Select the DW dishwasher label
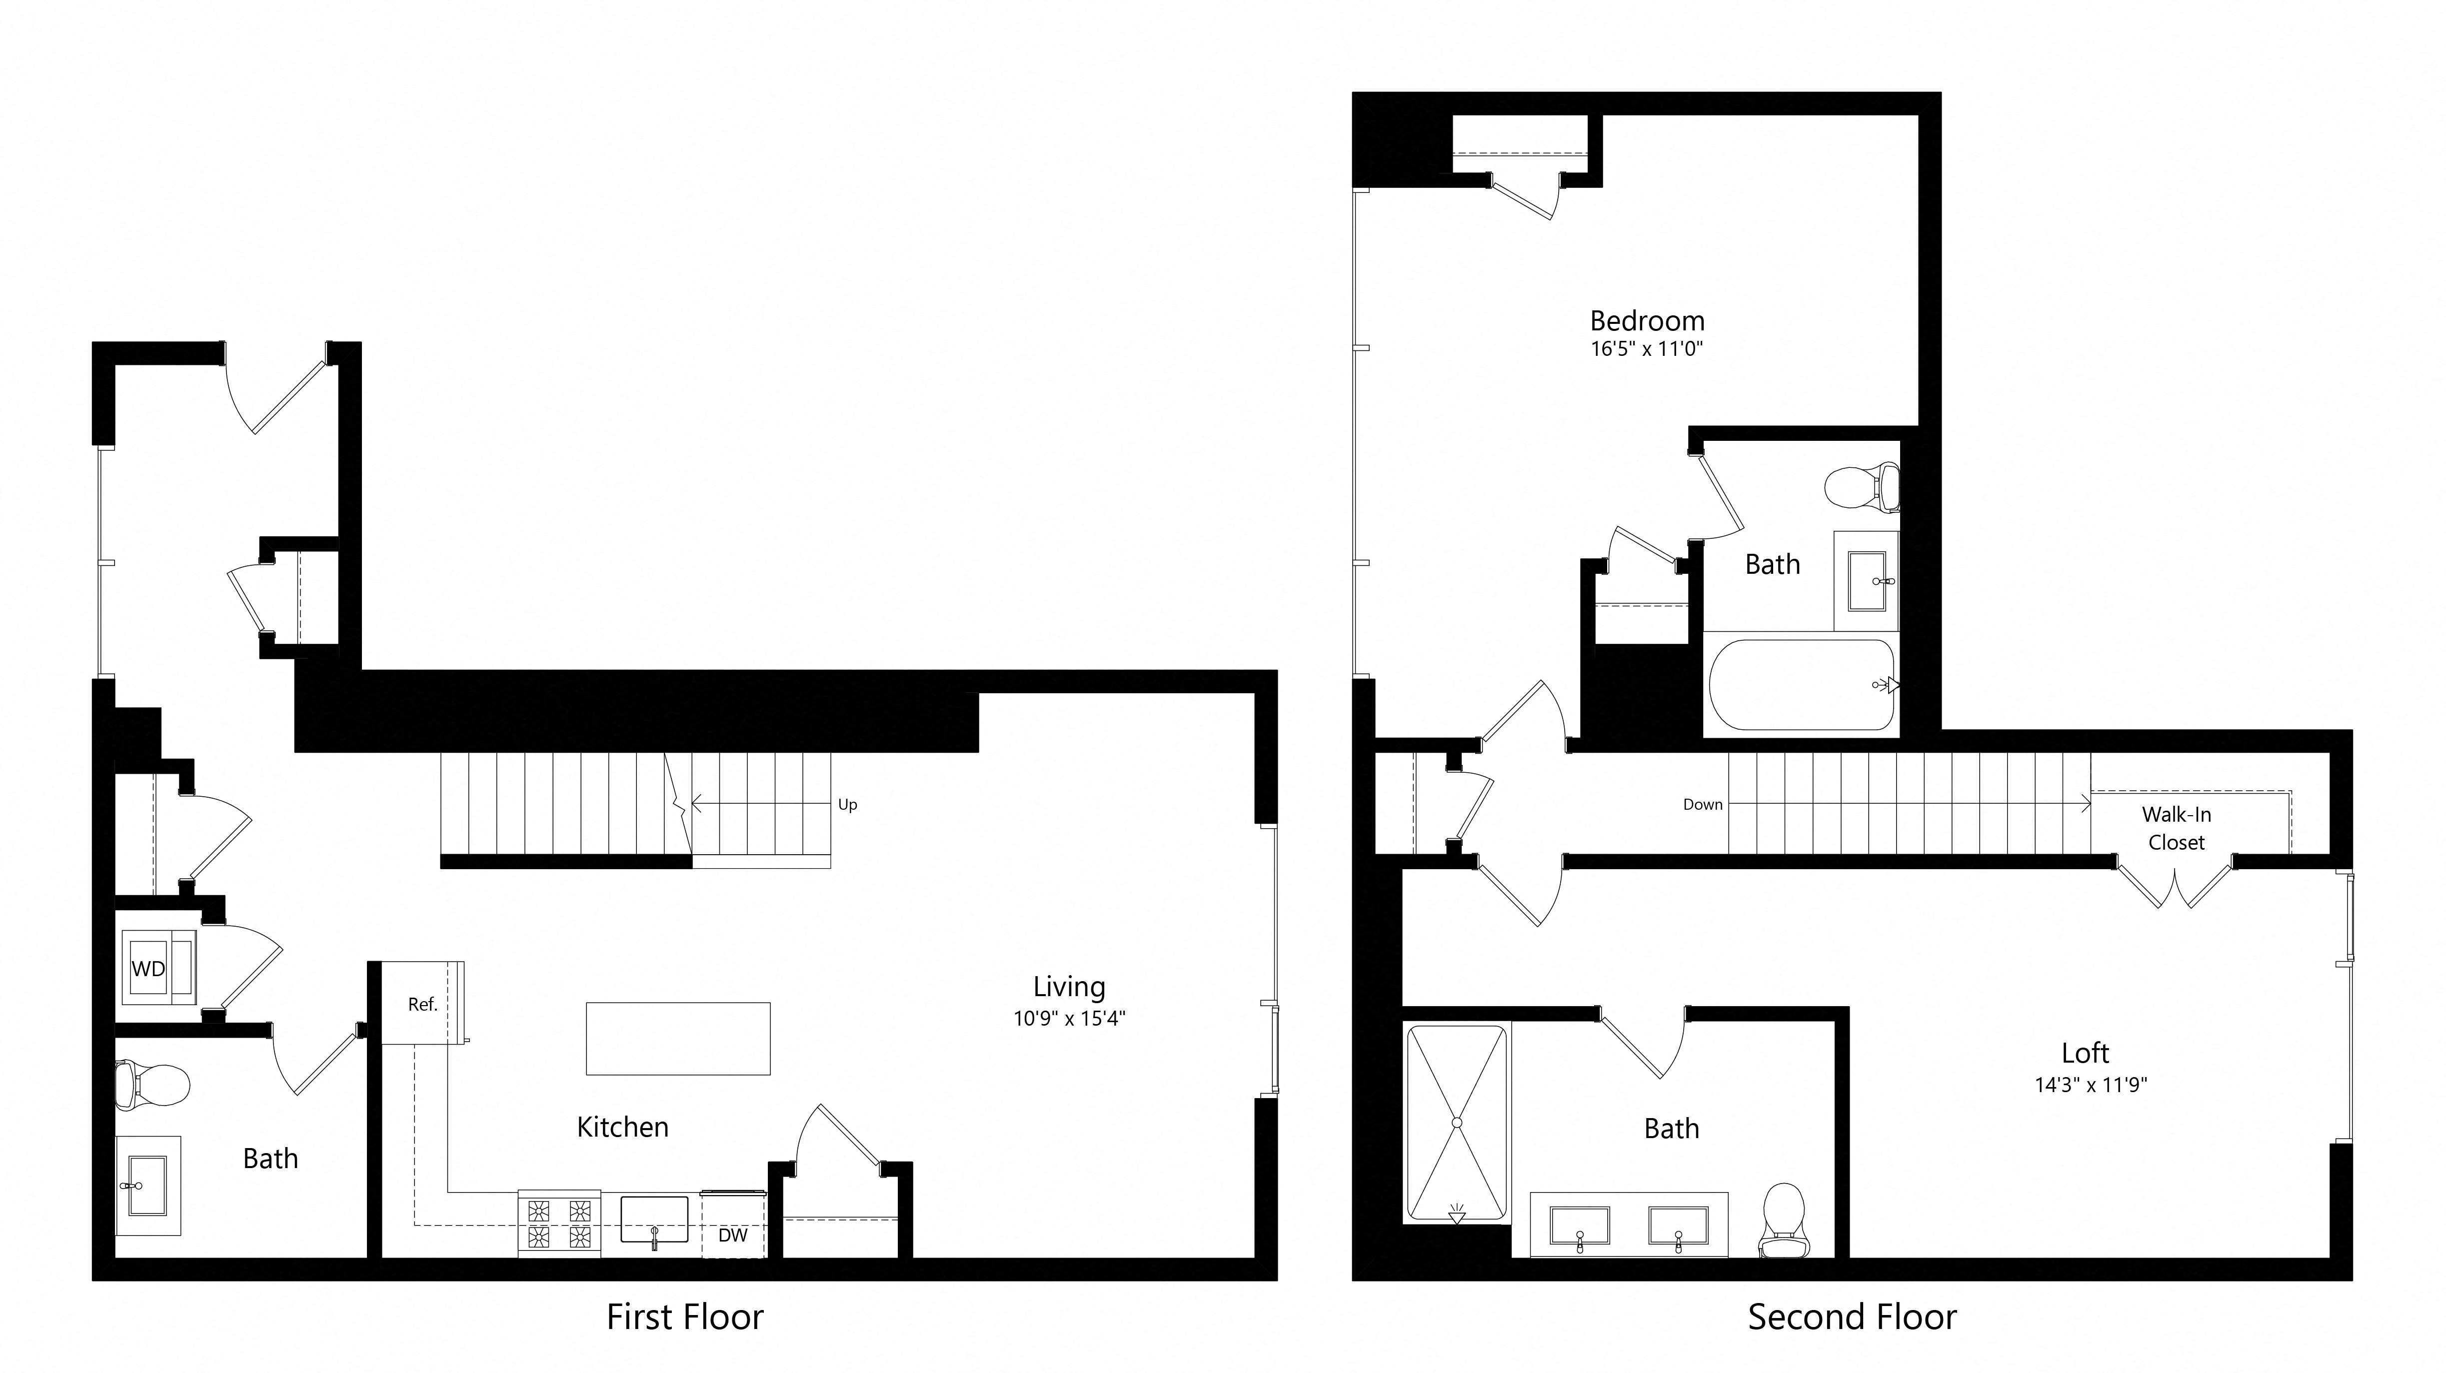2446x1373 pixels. (x=732, y=1236)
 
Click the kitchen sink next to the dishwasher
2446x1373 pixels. (x=654, y=1220)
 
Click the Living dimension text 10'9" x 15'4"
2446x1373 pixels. (x=1069, y=1019)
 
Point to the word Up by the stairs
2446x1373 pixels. (x=847, y=804)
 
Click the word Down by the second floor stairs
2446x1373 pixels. (x=1703, y=804)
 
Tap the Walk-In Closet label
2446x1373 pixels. (x=2177, y=828)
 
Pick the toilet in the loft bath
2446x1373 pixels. (x=1782, y=1220)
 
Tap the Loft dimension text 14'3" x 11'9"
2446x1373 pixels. (x=2091, y=1084)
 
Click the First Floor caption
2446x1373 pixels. (x=685, y=1317)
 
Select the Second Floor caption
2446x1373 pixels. (x=1852, y=1317)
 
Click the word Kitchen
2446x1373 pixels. (x=623, y=1127)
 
